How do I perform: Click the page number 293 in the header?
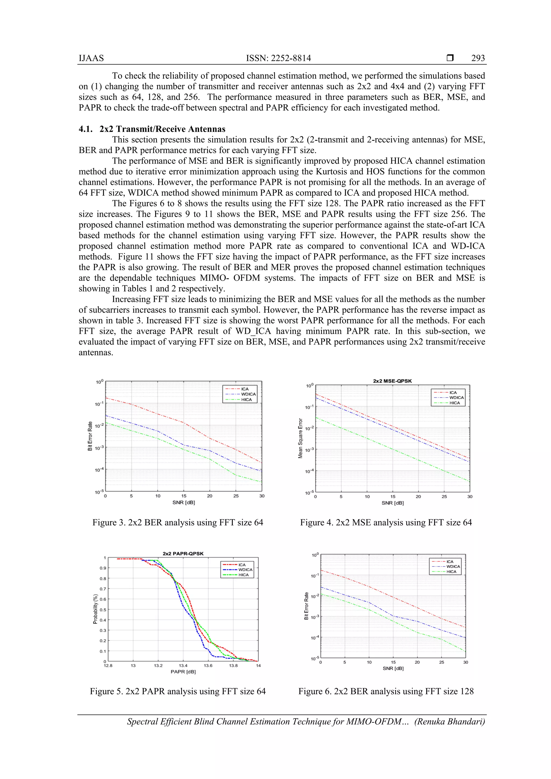pos(478,58)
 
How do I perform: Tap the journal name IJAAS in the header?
pos(91,58)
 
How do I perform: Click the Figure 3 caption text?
pos(178,522)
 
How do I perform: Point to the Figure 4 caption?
pos(386,522)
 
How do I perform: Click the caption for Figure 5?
pos(178,691)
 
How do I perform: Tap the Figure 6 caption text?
pos(386,691)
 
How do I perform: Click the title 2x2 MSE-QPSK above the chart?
pos(392,381)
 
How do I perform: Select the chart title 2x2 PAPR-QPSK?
pos(183,553)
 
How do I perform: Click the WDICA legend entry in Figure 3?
pos(248,394)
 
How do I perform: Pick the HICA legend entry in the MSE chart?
pos(454,403)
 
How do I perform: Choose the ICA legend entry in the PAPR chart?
pos(242,565)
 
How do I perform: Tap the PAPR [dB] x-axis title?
pos(183,671)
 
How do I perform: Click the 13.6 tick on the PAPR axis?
pos(208,666)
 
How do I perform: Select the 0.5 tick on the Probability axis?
pos(103,610)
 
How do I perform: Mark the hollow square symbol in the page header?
pos(450,58)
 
